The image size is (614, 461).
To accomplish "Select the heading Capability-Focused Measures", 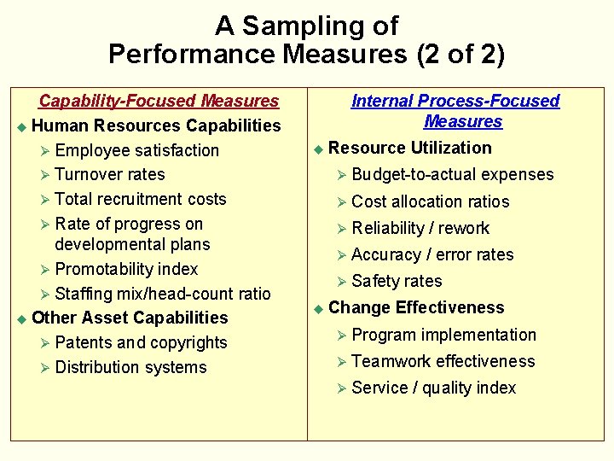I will coord(159,101).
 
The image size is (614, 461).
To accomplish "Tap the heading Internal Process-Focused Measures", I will coord(455,111).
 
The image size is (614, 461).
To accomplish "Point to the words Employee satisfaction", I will coord(136,150).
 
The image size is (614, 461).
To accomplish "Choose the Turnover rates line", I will coord(109,174).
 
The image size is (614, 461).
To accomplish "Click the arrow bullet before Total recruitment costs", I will coord(45,200).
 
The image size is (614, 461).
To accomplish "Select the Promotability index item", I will coord(125,269).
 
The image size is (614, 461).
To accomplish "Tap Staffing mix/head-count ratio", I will coord(162,294).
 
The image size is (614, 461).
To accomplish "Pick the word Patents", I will coord(83,342).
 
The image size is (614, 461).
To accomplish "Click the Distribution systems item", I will coord(130,367).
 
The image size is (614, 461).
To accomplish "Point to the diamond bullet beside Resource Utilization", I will coord(318,149).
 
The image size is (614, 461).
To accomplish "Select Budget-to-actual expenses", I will coord(452,175).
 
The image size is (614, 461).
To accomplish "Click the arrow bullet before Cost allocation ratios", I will coord(340,202).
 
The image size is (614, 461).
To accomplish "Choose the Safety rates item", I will coord(397,281).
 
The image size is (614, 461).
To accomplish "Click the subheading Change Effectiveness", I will coord(416,307).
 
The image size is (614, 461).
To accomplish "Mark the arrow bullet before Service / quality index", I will coord(340,388).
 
